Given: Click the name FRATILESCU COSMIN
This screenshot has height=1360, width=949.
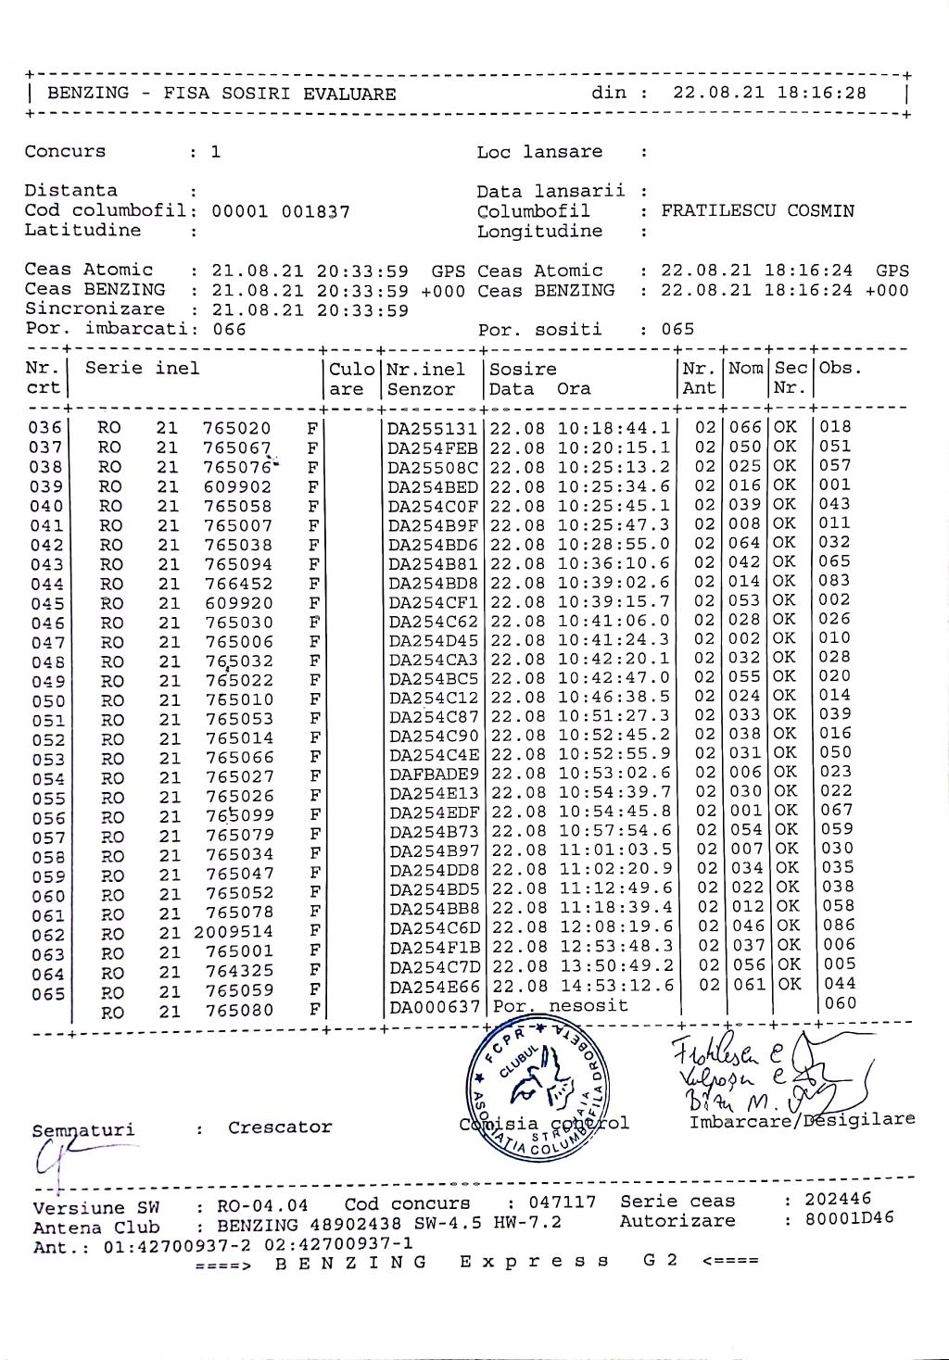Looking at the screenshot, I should (x=757, y=210).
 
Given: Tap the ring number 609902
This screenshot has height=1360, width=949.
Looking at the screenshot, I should (x=237, y=486).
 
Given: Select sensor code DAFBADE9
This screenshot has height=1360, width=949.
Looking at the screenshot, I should (x=434, y=774).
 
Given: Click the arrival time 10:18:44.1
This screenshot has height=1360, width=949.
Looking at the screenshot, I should (x=614, y=428).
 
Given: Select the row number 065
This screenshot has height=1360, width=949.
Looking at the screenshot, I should (x=48, y=994).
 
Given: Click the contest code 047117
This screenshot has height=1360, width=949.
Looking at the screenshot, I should (x=563, y=1203).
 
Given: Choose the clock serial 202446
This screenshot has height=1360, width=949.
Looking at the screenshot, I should (x=838, y=1199).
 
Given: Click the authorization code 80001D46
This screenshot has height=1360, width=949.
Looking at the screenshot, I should (x=849, y=1218).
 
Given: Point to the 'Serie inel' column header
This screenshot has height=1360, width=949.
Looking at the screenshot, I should (x=142, y=369).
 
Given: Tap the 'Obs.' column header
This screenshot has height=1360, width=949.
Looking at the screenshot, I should (x=840, y=368).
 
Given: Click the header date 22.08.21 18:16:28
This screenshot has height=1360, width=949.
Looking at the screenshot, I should (x=769, y=93).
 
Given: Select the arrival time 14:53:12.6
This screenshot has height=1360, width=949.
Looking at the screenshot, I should (x=615, y=985).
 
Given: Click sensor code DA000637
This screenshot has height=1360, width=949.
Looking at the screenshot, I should (x=434, y=1007).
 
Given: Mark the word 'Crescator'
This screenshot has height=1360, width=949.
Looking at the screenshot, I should (x=280, y=1127).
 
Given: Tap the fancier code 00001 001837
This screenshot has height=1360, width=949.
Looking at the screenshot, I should (x=281, y=211).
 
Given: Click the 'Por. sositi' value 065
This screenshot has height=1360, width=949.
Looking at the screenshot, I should (x=677, y=329).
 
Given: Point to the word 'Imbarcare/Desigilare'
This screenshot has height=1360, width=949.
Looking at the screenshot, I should (x=802, y=1121).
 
